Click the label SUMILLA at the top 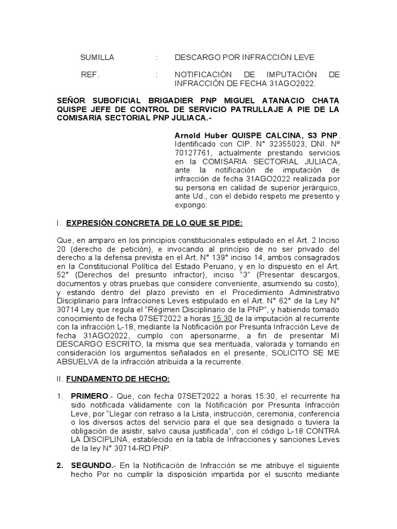click(x=97, y=57)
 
